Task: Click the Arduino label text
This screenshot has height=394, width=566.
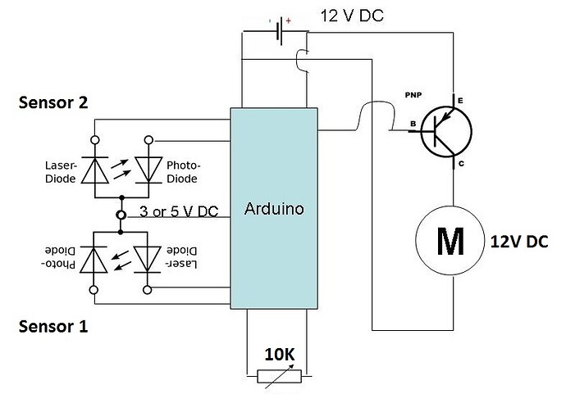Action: coord(274,209)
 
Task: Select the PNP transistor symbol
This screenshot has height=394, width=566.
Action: coord(445,129)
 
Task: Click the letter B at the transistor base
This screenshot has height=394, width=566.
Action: coord(413,125)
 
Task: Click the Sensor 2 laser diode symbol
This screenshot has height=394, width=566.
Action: coord(95,170)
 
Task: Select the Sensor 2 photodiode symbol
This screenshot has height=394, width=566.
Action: coord(149,170)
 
